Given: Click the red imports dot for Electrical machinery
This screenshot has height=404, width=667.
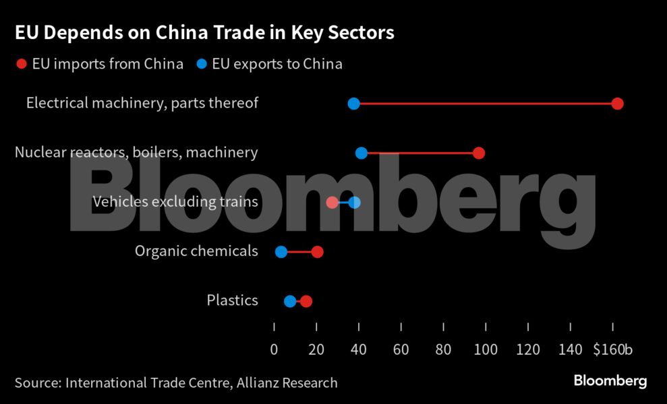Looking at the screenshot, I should click(617, 104).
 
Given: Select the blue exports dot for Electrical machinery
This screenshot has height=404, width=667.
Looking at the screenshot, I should click(353, 104).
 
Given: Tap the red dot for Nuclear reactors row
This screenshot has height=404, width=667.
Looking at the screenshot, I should click(479, 153).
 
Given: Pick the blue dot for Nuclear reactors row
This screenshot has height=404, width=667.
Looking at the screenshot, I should click(361, 153).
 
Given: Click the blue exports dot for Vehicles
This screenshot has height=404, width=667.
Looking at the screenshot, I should click(355, 202).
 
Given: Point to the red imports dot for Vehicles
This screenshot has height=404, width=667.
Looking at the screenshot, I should click(332, 202).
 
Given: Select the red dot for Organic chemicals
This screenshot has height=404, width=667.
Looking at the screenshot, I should click(318, 252).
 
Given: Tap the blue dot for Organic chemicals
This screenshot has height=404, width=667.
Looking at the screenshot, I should click(281, 252).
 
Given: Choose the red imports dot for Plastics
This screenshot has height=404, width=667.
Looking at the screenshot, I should click(306, 301).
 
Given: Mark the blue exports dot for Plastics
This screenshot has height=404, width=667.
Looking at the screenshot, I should click(290, 301).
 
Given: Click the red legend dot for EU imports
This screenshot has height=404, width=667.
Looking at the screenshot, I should click(21, 64).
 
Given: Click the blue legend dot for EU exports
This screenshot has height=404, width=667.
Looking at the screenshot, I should click(202, 64).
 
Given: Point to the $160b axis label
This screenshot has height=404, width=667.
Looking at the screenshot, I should click(612, 349).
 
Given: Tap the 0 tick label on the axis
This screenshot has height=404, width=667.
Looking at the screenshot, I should click(274, 349).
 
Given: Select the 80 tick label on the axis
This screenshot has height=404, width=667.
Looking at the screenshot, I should click(443, 349).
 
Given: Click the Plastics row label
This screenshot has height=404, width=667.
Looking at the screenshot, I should click(232, 300).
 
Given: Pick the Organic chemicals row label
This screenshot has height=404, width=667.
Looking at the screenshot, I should click(196, 251).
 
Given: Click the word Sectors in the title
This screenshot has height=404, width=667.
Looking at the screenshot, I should click(364, 33).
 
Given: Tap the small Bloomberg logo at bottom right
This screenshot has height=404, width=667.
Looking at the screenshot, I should click(610, 381).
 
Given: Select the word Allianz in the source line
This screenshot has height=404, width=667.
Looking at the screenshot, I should click(262, 383).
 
